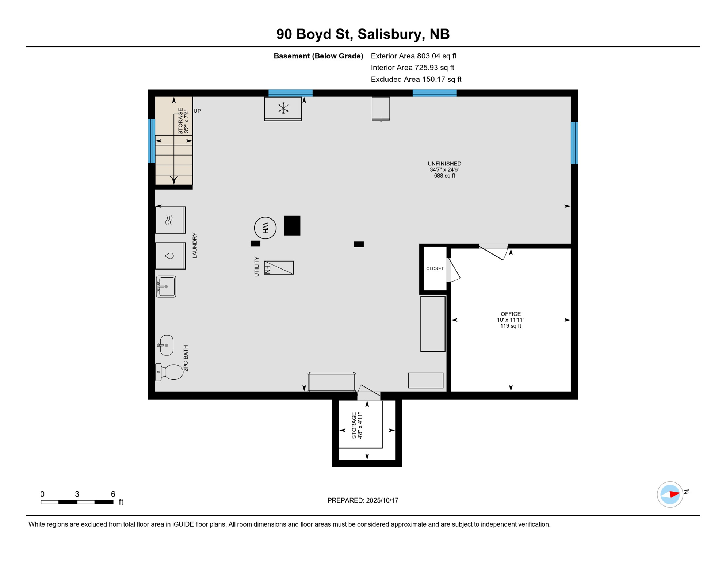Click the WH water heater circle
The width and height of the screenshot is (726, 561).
click(265, 228)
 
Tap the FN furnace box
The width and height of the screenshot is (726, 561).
click(279, 268)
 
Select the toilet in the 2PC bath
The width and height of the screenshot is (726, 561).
click(171, 372)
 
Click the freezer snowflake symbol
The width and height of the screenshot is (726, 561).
click(283, 108)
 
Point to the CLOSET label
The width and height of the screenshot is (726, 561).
click(435, 268)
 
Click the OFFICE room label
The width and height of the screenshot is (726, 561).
click(511, 314)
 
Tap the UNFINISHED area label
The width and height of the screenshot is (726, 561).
click(444, 164)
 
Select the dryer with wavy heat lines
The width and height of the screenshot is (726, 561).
click(170, 220)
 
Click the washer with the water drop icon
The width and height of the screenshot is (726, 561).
click(170, 256)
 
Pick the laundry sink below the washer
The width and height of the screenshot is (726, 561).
click(166, 287)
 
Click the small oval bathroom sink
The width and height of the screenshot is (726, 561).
click(166, 345)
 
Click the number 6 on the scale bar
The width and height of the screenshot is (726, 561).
click(113, 494)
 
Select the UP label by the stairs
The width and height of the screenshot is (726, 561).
click(197, 111)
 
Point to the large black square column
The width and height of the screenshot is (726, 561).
click(292, 225)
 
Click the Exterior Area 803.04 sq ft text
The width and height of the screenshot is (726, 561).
click(413, 56)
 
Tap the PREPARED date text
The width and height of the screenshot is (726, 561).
click(363, 500)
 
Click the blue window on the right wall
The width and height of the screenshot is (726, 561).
click(574, 143)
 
